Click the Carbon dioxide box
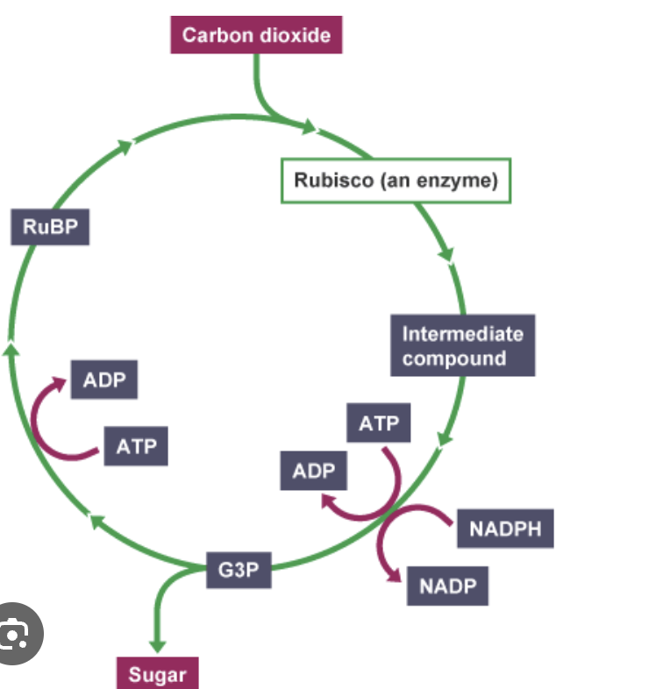pos(256,36)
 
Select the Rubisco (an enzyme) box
pos(395,181)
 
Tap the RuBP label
pos(50,227)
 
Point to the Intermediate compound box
pos(462,346)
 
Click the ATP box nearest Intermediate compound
pos(378,424)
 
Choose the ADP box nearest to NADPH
pos(314,471)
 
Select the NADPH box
pos(505,529)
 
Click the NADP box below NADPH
pos(446,586)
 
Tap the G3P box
pos(239,570)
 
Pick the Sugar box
pos(158,674)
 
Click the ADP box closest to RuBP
pos(104,380)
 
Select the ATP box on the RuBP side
pos(136,445)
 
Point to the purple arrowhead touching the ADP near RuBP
pos(61,382)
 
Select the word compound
pos(454,359)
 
